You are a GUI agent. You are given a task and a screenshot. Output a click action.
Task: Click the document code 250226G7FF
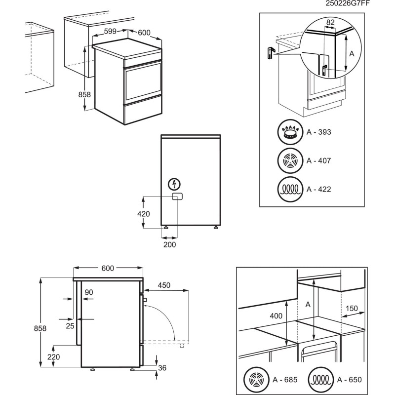pos(347,3)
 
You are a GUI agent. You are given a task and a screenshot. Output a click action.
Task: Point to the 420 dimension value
pos(144,214)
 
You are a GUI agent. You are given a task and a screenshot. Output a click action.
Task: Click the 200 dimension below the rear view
pos(169,244)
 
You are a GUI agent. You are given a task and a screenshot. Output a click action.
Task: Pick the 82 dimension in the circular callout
pos(330,22)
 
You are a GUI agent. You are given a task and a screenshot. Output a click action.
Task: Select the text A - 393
pos(318,132)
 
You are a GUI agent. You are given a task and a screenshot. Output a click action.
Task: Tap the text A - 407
pos(318,160)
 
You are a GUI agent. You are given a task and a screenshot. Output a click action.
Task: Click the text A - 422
pos(318,189)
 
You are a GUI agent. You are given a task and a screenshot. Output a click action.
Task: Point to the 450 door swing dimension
pos(164,285)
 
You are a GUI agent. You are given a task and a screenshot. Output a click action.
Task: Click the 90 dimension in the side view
pos(88,292)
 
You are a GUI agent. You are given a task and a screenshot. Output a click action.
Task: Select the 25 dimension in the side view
pos(70,326)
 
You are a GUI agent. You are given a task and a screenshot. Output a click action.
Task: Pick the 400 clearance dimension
pos(276,316)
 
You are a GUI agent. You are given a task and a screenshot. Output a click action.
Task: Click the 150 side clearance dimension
pos(352,308)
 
